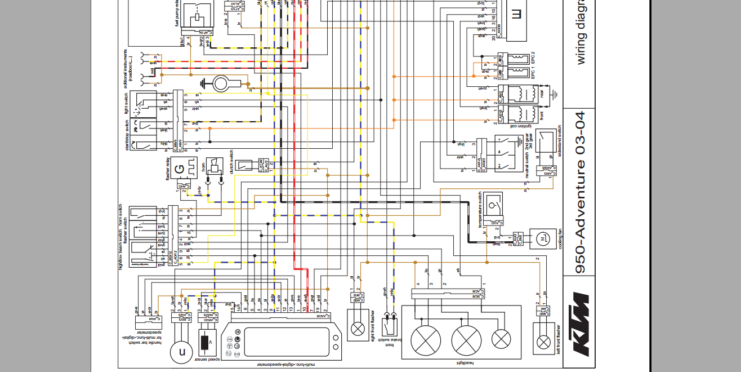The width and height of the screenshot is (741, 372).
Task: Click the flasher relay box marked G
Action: (180, 168)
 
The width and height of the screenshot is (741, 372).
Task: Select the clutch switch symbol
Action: (243, 165)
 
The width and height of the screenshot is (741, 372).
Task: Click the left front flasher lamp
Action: (543, 341)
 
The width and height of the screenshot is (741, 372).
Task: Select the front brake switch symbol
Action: (387, 325)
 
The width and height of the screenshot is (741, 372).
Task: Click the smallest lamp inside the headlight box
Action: (501, 339)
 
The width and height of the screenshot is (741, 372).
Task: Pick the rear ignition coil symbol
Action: (523, 94)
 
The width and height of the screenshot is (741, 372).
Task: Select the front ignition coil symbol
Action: (523, 113)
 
